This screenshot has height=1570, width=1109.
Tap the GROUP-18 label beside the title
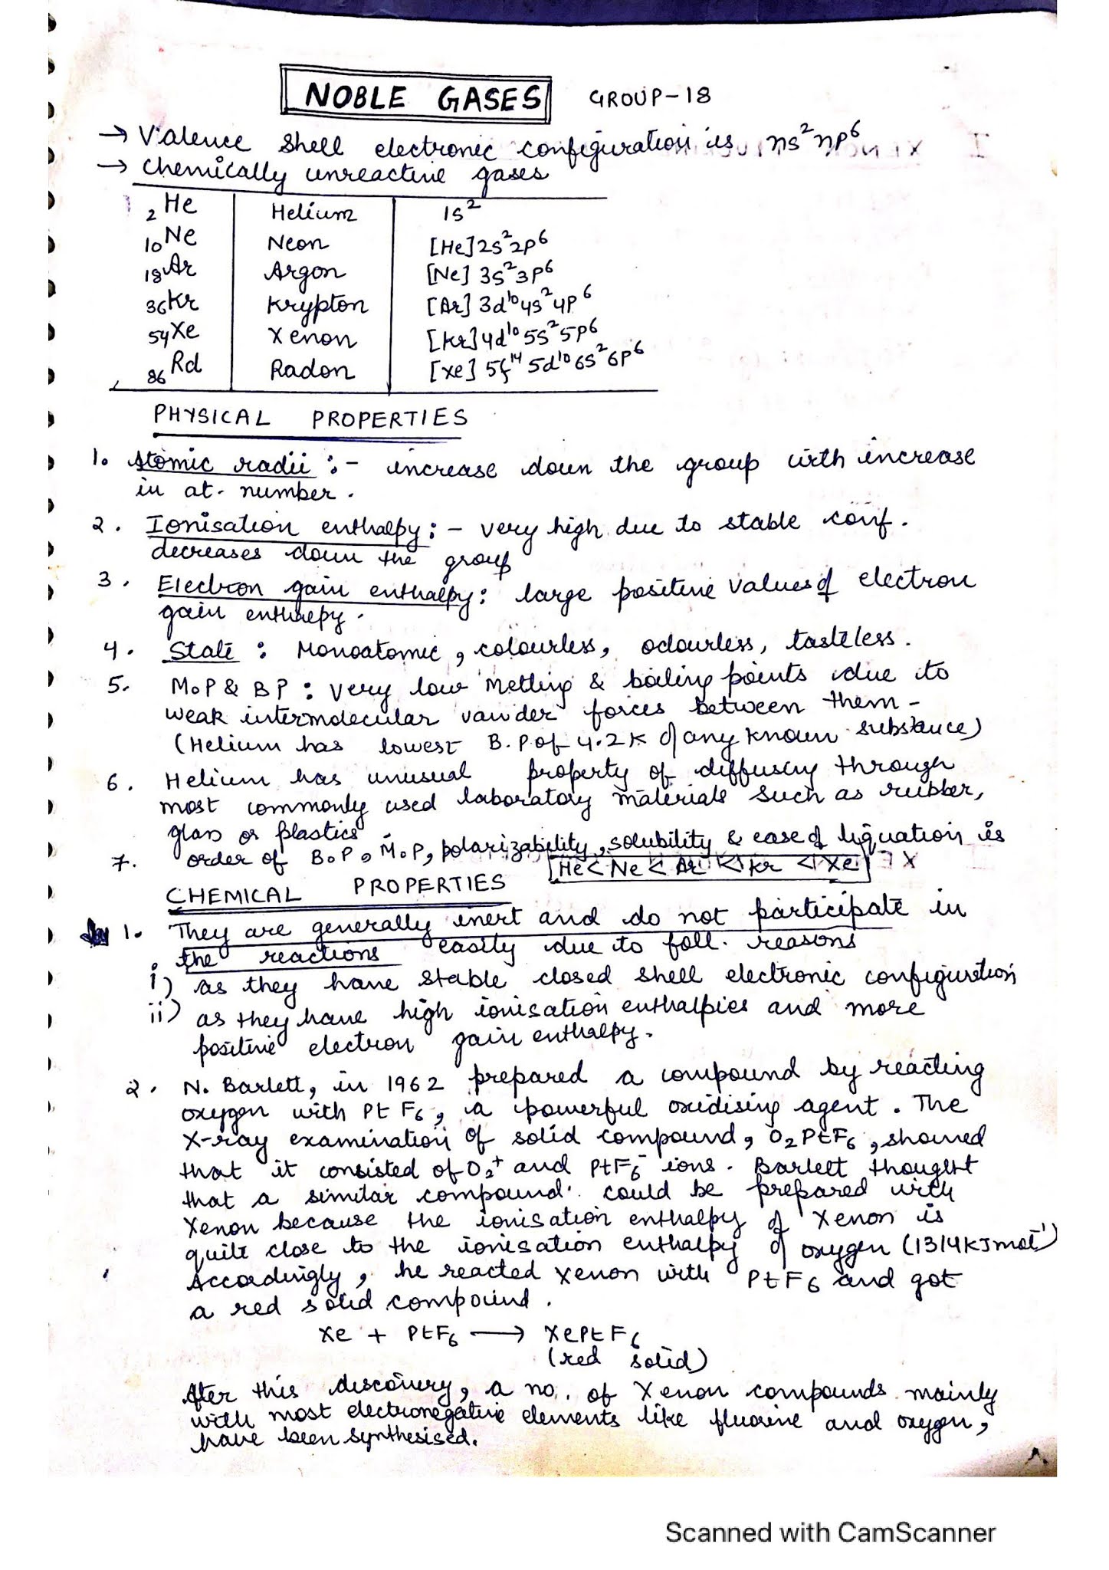(649, 97)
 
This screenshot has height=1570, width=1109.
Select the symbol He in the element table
(178, 205)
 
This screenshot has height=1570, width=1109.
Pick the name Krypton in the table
(317, 305)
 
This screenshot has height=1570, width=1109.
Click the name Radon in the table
(311, 370)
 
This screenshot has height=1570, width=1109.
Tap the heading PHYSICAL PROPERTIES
(310, 418)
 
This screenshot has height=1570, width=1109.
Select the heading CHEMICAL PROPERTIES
(336, 890)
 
